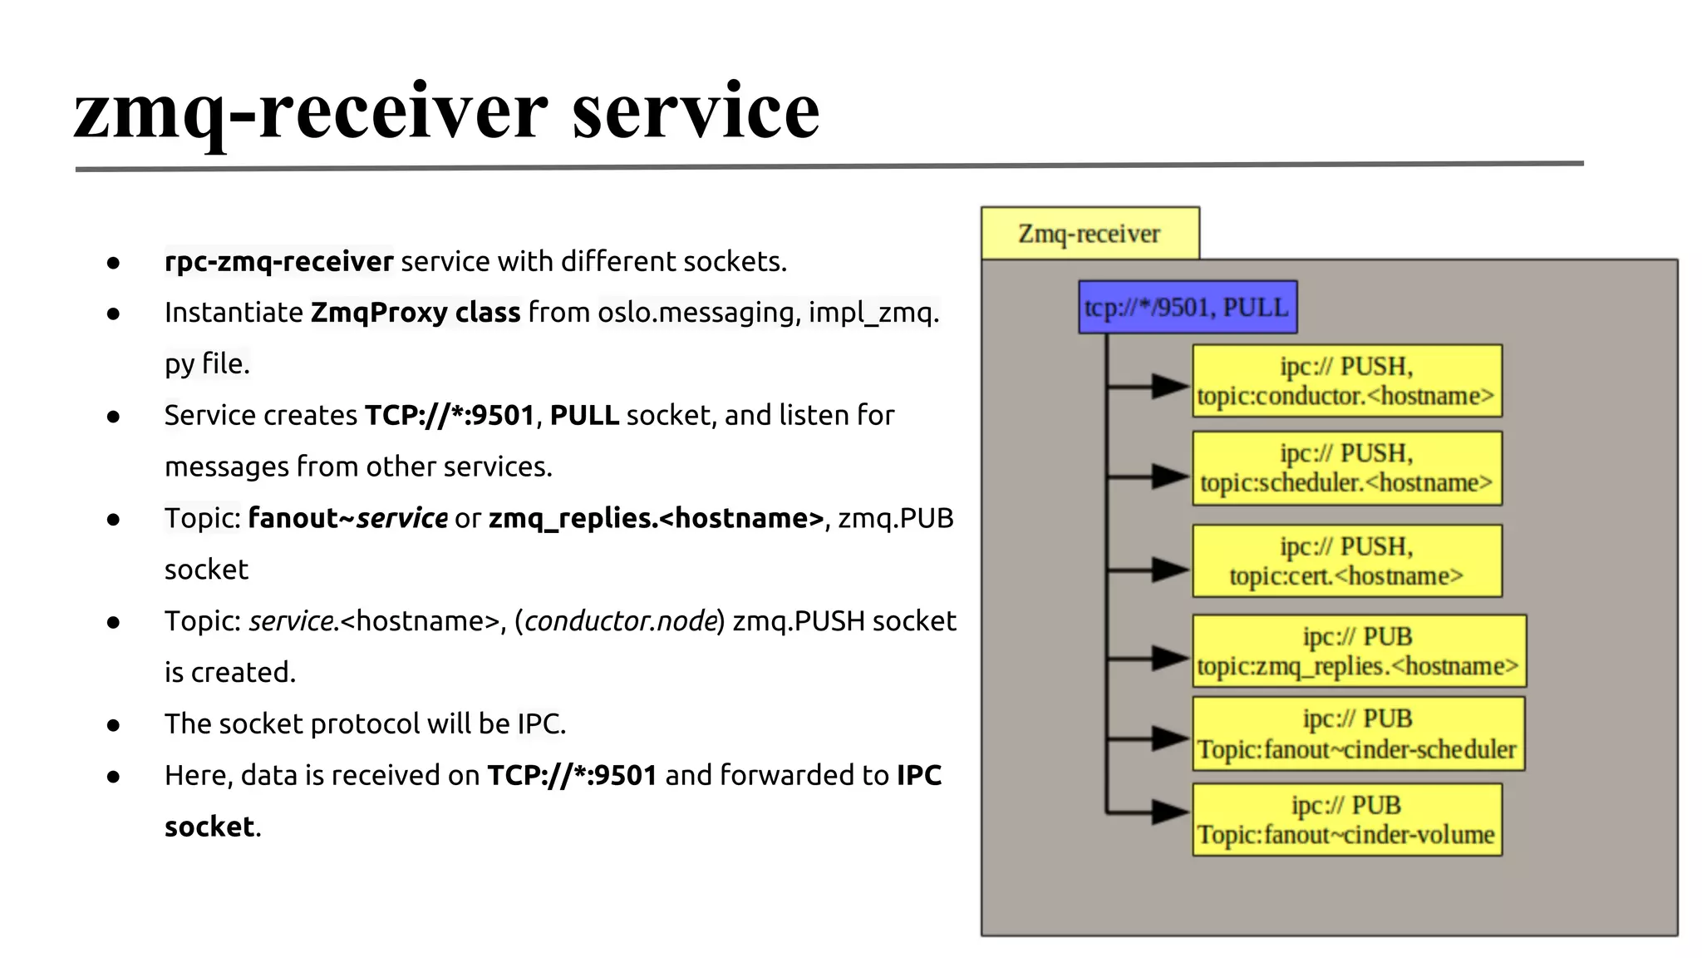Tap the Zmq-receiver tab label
pyautogui.click(x=1089, y=234)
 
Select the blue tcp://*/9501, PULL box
pyautogui.click(x=1187, y=308)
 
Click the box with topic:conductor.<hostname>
pyautogui.click(x=1346, y=381)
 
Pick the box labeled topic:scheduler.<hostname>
pyautogui.click(x=1346, y=468)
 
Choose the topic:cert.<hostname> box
pyautogui.click(x=1346, y=561)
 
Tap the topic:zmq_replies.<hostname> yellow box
pyautogui.click(x=1358, y=651)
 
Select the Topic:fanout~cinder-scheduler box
pyautogui.click(x=1358, y=734)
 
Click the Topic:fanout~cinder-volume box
pyautogui.click(x=1346, y=820)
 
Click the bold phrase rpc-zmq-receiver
pyautogui.click(x=278, y=262)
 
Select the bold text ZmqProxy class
pyautogui.click(x=415, y=313)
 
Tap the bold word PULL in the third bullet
pyautogui.click(x=584, y=416)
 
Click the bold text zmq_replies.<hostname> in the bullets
pyautogui.click(x=656, y=519)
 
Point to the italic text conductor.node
pyautogui.click(x=620, y=621)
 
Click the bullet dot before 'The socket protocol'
pyautogui.click(x=114, y=725)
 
